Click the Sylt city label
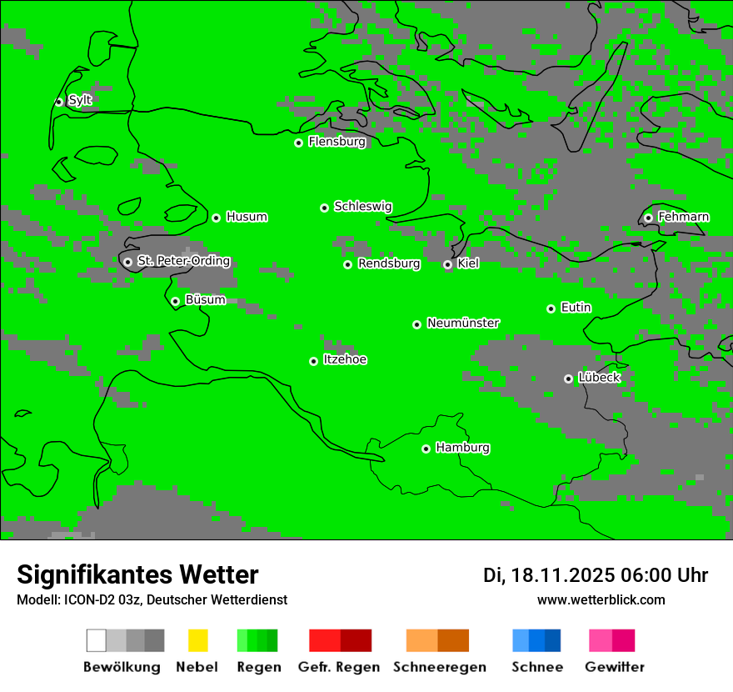(80, 100)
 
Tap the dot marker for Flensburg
(298, 143)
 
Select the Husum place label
(247, 217)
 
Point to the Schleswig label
(362, 206)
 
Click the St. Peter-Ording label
(183, 261)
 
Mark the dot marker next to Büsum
(175, 301)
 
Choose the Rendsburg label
(388, 263)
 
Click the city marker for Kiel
(447, 264)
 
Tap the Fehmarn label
(683, 217)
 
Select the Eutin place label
(576, 308)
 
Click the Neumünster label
(463, 323)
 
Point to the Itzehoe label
(345, 359)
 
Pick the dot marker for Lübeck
(568, 379)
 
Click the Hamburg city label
(462, 448)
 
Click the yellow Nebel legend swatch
(197, 640)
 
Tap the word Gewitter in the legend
(614, 667)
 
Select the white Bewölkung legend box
(97, 640)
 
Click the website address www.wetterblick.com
(601, 599)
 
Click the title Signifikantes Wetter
(137, 574)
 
